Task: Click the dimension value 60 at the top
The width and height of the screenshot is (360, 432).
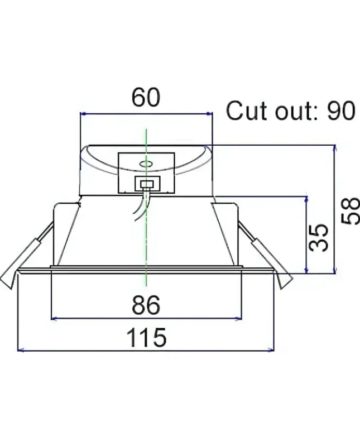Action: [146, 98]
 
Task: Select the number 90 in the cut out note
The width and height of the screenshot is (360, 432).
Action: [340, 112]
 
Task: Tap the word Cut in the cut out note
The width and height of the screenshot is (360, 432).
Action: [246, 112]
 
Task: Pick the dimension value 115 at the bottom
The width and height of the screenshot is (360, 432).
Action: [146, 338]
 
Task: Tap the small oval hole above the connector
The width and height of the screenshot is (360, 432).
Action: [146, 164]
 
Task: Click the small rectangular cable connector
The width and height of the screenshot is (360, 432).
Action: [147, 184]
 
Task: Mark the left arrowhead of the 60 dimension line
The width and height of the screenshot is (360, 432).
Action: [83, 114]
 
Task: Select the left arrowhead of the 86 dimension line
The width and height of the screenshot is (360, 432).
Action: [54, 319]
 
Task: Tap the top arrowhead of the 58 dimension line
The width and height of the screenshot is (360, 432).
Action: [335, 148]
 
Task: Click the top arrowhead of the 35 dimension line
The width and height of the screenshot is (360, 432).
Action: [306, 199]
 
